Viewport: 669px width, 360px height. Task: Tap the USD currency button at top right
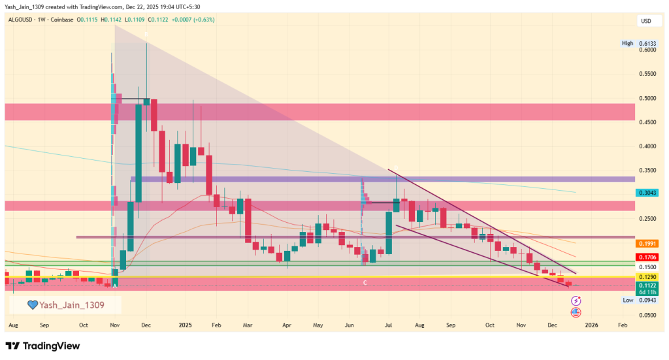[x=645, y=22]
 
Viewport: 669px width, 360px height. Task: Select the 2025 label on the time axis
[x=186, y=324]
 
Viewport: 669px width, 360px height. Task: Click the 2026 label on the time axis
[x=591, y=324]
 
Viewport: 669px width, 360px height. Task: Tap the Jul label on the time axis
[x=389, y=324]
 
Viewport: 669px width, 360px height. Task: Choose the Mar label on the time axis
[x=248, y=324]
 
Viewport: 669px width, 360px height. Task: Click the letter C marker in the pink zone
[x=366, y=282]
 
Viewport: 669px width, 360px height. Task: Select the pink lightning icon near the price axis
[x=576, y=301]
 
